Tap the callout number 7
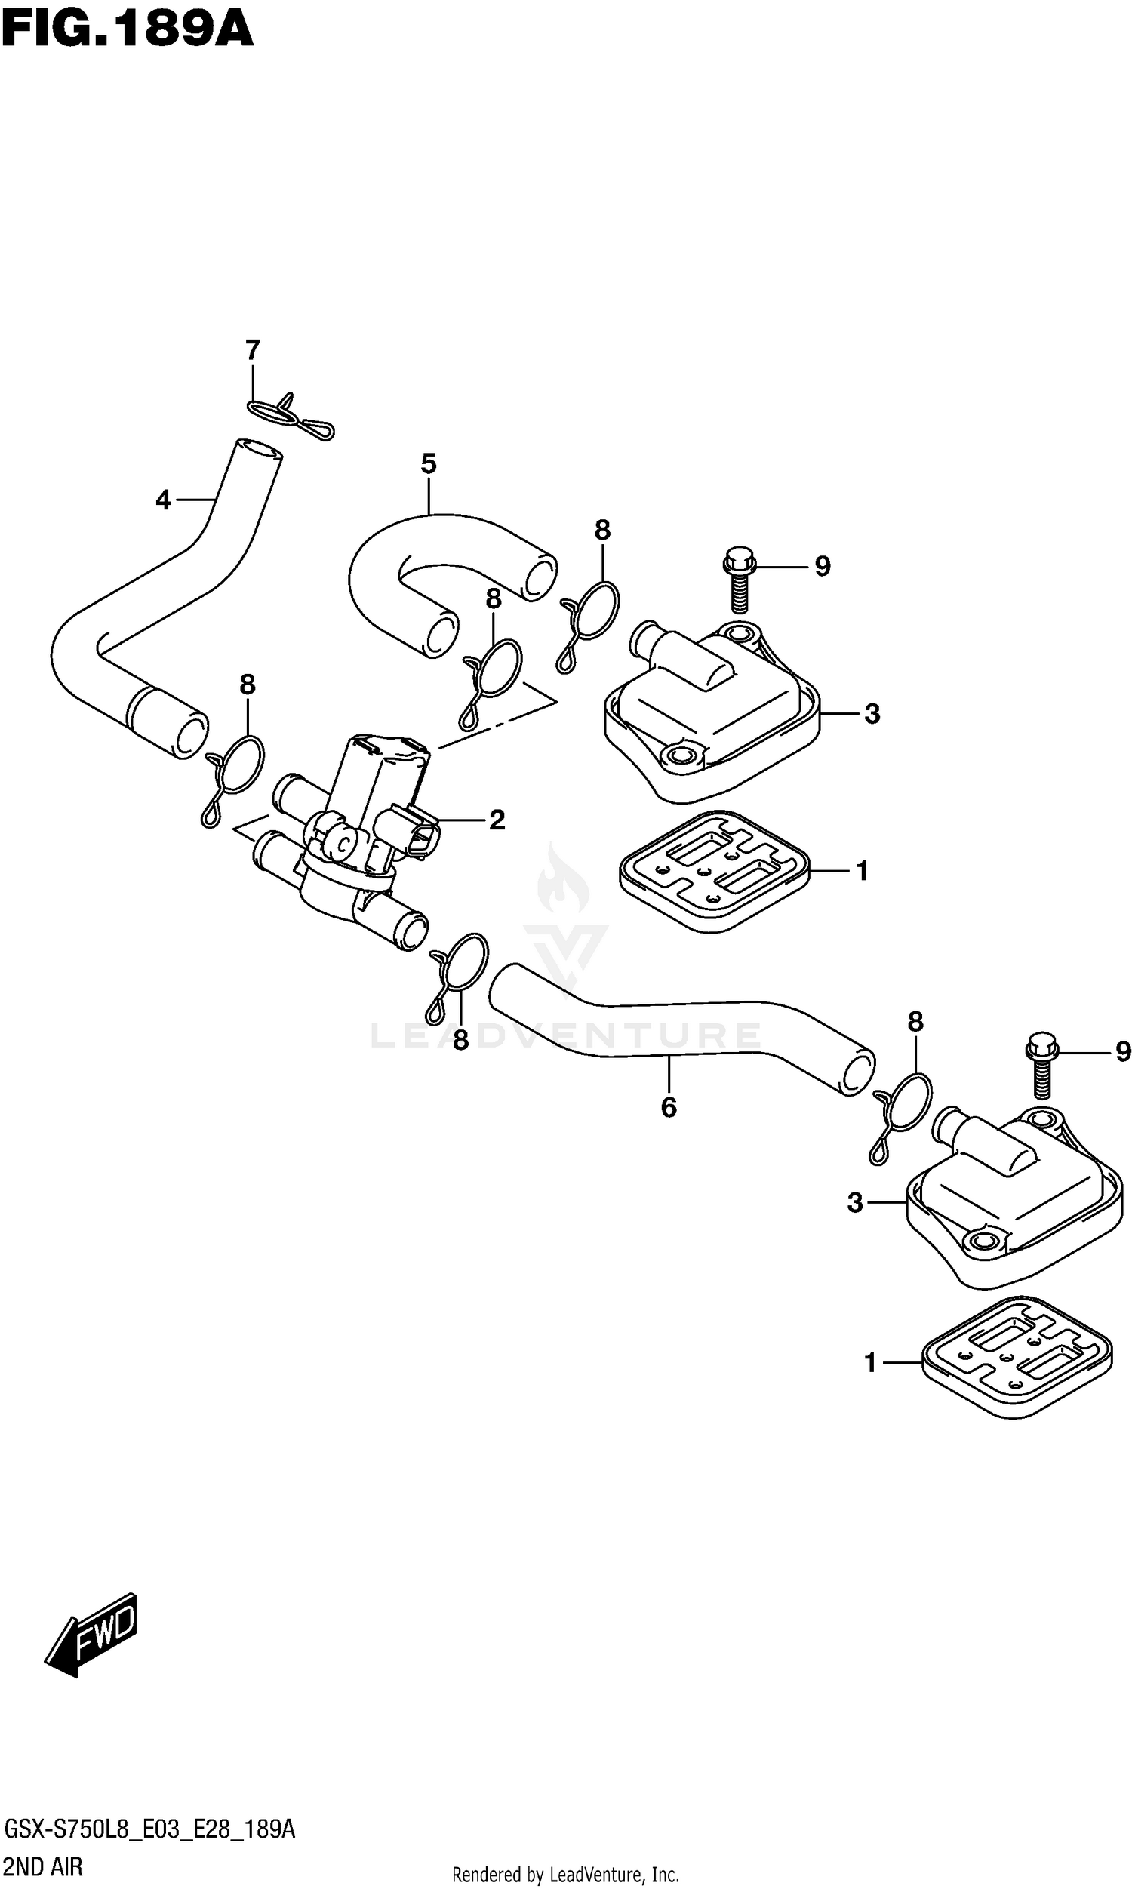pos(253,351)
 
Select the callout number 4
pos(162,501)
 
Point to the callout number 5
pos(429,463)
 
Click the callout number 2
pos(497,820)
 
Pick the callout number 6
pos(669,1107)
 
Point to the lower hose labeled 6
pos(679,1026)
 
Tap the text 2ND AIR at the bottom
pos(44,1866)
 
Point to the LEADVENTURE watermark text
pos(565,1035)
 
